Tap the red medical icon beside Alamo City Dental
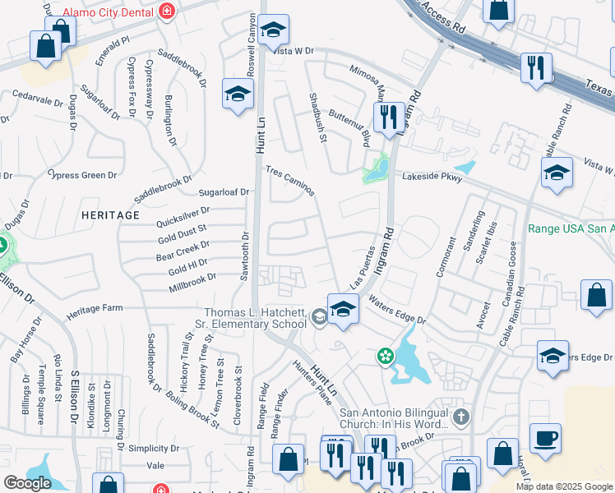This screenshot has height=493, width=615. point(167,11)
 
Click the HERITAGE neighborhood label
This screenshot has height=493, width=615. point(110,214)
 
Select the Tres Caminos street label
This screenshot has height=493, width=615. point(289,181)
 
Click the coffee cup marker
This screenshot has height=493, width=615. point(544,439)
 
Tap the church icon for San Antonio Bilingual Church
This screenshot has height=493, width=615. point(460,417)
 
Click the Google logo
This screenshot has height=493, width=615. point(27,483)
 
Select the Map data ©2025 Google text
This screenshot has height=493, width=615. point(563,486)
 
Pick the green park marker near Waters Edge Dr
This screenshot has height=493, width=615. point(383,356)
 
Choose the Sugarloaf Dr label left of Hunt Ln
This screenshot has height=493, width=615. point(224,192)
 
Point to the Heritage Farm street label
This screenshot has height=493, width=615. point(94,307)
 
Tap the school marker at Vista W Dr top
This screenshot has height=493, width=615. point(273,31)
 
